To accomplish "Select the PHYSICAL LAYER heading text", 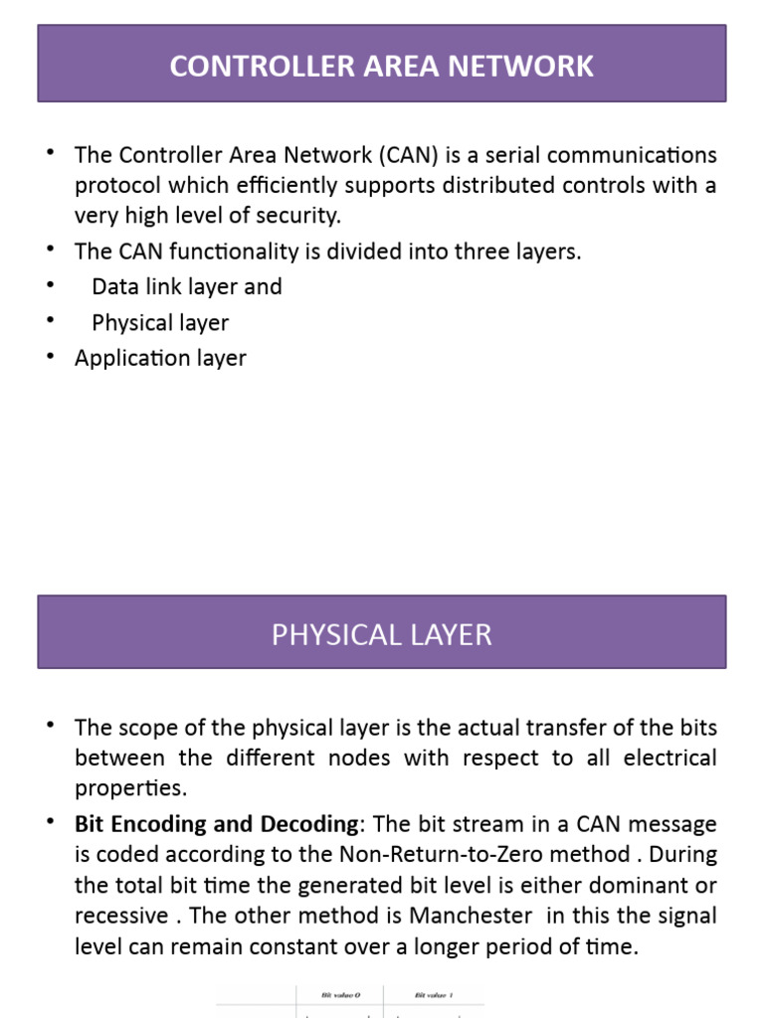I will (x=382, y=634).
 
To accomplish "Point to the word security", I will (x=295, y=215).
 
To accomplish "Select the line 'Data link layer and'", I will (x=187, y=286).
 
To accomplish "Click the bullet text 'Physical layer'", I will (x=160, y=322).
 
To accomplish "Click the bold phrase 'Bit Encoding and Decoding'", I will (x=216, y=824).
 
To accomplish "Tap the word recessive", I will (x=119, y=916).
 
